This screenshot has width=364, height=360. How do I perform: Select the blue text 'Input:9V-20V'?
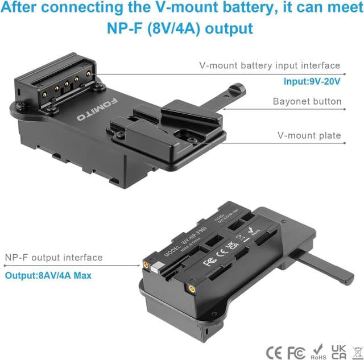pos(312,82)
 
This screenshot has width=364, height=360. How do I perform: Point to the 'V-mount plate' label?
pos(309,135)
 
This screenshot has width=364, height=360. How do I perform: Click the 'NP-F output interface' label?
pos(53,258)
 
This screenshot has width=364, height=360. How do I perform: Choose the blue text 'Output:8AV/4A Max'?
pos(49,275)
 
